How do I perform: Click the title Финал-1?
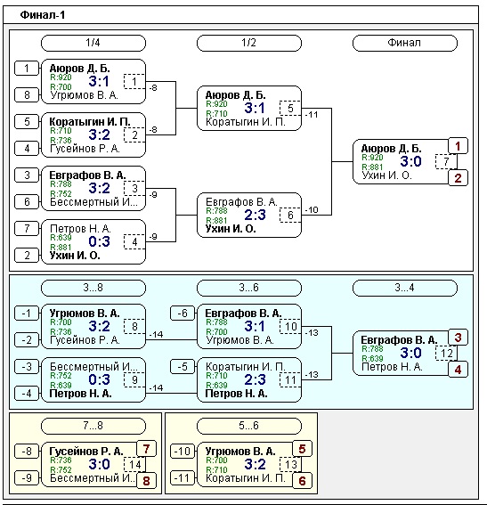tap(43, 15)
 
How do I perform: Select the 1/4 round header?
tap(93, 43)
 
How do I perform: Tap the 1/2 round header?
tap(249, 43)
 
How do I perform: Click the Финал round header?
tap(405, 43)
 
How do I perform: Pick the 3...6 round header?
tap(249, 288)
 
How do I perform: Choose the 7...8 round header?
tap(93, 426)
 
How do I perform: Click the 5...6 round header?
tap(249, 426)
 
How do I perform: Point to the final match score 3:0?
tap(410, 161)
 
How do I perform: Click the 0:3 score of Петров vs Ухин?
tap(99, 241)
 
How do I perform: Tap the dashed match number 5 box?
tap(290, 108)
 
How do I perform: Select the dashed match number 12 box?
tap(446, 354)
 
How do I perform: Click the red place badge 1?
tap(458, 146)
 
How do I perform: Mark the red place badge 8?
tap(146, 481)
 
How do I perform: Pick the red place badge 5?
tap(302, 449)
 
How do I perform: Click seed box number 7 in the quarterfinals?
tap(27, 228)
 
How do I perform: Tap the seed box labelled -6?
tap(183, 313)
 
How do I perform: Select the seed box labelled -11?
tap(183, 478)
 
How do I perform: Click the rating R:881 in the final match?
tap(372, 167)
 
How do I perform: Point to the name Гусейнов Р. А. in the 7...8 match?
tap(86, 452)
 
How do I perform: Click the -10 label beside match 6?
tap(312, 210)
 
